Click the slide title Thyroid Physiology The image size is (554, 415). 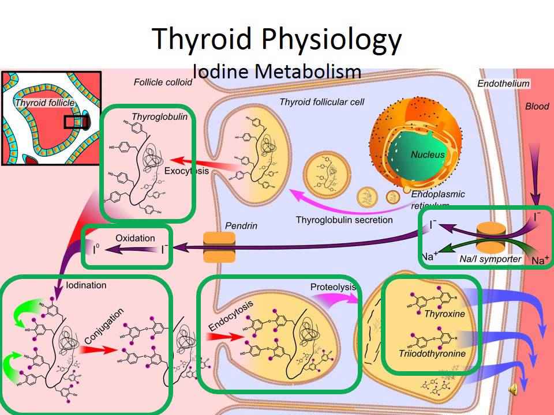[x=277, y=39]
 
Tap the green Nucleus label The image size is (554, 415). [x=428, y=154]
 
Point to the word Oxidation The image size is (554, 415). [x=135, y=238]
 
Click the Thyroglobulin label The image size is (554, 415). [x=152, y=116]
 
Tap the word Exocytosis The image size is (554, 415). [x=186, y=171]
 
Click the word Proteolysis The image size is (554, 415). [x=333, y=287]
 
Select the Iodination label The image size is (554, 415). [x=87, y=285]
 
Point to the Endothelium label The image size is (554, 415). [x=503, y=84]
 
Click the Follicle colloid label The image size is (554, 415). [x=163, y=82]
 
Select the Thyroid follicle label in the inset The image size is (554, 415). [x=44, y=103]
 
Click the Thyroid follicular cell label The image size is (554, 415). [x=322, y=102]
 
